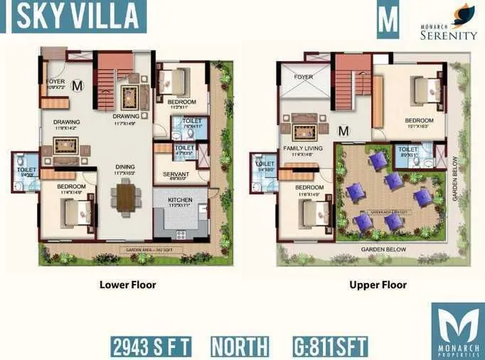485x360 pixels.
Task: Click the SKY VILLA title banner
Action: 74,16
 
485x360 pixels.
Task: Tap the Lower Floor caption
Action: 128,285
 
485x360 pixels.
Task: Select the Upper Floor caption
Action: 378,285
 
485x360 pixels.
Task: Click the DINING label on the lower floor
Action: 125,168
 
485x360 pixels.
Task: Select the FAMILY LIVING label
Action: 298,148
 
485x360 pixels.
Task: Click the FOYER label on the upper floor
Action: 304,76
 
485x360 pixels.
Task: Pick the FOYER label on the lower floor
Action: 55,81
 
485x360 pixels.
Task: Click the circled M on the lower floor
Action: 78,86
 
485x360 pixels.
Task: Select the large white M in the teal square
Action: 388,21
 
